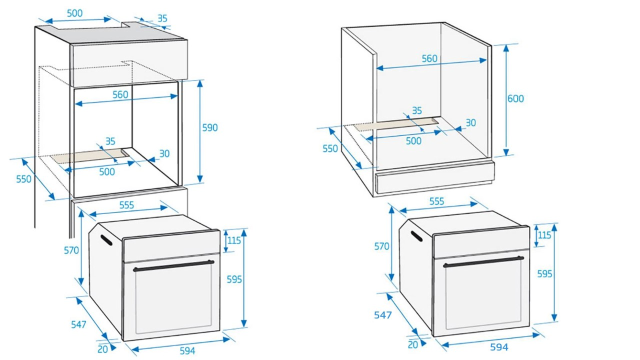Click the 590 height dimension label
click(x=210, y=128)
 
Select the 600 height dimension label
click(x=515, y=99)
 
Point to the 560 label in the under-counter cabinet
click(x=429, y=58)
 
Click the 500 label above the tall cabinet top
click(x=74, y=13)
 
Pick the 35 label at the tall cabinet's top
click(x=162, y=18)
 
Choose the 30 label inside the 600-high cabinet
click(x=470, y=122)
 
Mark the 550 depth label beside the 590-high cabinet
click(x=23, y=179)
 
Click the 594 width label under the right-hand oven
click(x=499, y=347)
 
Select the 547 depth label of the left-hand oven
click(x=78, y=324)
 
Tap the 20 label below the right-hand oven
click(x=413, y=344)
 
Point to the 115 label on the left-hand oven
click(x=233, y=240)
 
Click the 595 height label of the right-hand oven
click(x=544, y=274)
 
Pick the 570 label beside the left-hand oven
click(x=71, y=250)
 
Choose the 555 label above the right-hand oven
click(x=436, y=201)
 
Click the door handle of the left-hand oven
click(x=173, y=265)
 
